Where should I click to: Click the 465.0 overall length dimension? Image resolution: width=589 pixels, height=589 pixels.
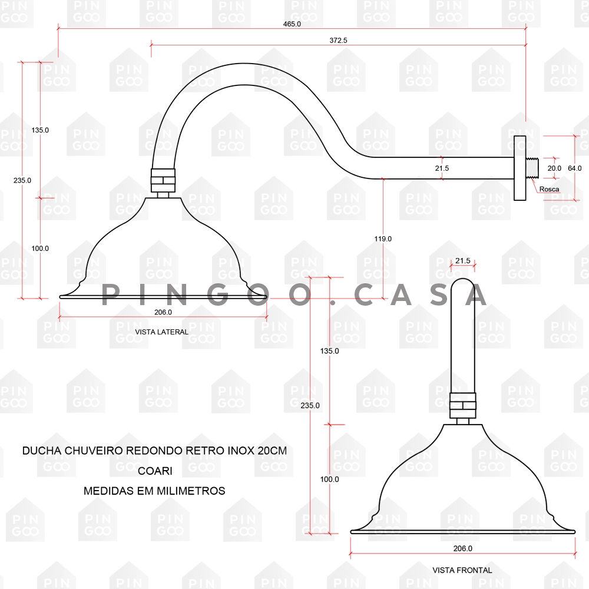pos(292,24)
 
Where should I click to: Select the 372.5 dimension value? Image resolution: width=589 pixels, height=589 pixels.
pos(338,41)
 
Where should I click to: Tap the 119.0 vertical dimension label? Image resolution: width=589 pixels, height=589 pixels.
pos(383,239)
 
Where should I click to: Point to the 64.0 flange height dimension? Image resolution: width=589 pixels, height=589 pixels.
pos(574,168)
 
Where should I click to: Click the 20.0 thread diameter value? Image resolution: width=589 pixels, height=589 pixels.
pos(554,168)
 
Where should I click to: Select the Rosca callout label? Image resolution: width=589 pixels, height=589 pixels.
pos(548,189)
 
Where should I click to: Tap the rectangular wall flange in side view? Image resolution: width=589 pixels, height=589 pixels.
pos(519,168)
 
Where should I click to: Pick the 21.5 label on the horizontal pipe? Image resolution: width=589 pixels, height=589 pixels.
pos(442,168)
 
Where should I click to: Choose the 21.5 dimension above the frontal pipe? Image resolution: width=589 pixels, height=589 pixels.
pos(462,260)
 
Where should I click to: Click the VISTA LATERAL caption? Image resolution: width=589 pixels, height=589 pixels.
pos(161,332)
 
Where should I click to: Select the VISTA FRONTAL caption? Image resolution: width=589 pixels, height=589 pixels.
pos(462,570)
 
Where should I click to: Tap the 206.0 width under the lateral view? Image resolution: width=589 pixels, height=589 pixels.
pos(163,312)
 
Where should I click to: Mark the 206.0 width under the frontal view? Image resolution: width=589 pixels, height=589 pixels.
pos(462,548)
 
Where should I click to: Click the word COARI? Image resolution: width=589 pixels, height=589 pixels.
pos(154,471)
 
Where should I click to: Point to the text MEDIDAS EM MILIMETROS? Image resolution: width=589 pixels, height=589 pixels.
pos(154,491)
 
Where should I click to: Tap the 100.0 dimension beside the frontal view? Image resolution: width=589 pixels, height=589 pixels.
pos(329,479)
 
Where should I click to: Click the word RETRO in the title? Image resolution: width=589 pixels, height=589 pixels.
pos(206,451)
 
